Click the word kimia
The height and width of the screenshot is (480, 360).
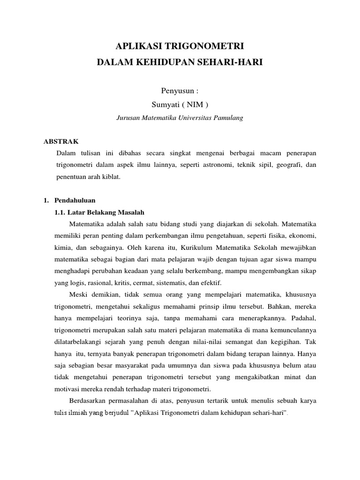65,247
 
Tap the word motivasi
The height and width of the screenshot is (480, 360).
68,390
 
